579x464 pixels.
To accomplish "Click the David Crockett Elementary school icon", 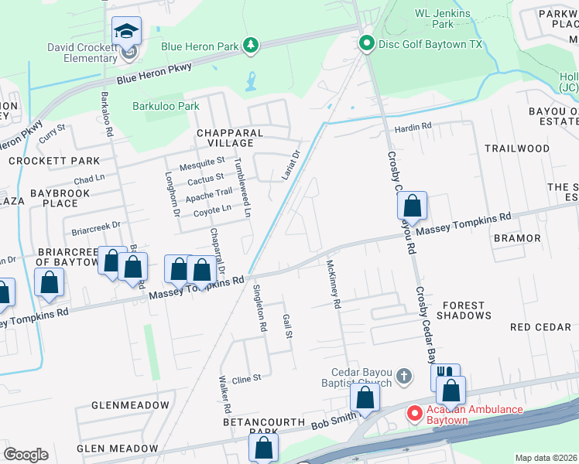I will pos(126,32).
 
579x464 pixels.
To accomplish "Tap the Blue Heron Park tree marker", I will pos(250,46).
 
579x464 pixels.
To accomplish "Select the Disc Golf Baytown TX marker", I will pos(367,44).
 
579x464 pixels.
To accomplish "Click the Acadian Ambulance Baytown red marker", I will pos(414,414).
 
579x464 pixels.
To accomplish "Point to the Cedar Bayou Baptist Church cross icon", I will pos(403,376).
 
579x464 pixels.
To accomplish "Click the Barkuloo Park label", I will pos(166,107).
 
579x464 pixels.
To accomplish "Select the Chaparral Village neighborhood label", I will pos(230,138).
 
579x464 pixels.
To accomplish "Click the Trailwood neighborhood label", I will pos(517,148).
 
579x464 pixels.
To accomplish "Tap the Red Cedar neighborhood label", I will pos(541,327).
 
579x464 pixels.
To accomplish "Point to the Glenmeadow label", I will pos(130,405).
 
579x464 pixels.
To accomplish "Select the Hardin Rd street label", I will pos(413,128).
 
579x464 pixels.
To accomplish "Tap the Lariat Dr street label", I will pos(290,164).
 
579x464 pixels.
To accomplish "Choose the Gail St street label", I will pos(288,326).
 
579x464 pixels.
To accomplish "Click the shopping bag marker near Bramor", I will pos(413,206).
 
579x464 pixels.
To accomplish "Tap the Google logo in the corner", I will pos(26,455).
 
